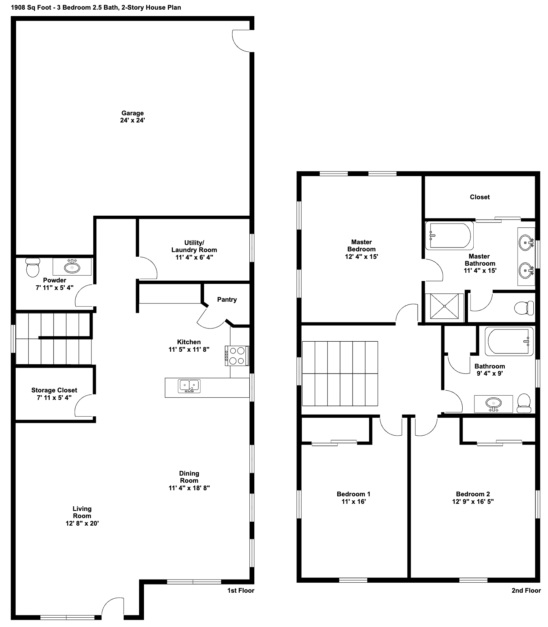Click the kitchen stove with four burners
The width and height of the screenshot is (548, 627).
(x=236, y=356)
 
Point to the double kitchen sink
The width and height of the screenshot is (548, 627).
(x=189, y=386)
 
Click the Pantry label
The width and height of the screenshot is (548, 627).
(x=227, y=300)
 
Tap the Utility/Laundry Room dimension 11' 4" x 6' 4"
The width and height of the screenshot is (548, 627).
(x=194, y=257)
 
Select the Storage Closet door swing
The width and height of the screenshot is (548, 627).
(x=84, y=406)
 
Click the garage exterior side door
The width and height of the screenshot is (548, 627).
(x=242, y=41)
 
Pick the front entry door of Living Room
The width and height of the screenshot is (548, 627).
(x=113, y=608)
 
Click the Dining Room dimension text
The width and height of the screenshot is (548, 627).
(x=189, y=488)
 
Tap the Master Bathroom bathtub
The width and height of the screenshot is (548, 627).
(x=449, y=236)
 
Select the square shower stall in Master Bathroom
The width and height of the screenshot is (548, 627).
(x=444, y=306)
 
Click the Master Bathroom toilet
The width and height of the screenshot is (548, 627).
(x=524, y=307)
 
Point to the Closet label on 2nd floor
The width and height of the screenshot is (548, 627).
(x=479, y=197)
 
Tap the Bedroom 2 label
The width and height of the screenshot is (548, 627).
(x=473, y=494)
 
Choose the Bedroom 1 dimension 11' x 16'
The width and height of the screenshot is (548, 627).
(x=353, y=501)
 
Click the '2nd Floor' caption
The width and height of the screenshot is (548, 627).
(x=526, y=591)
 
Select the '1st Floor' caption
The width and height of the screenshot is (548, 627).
(x=241, y=591)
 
